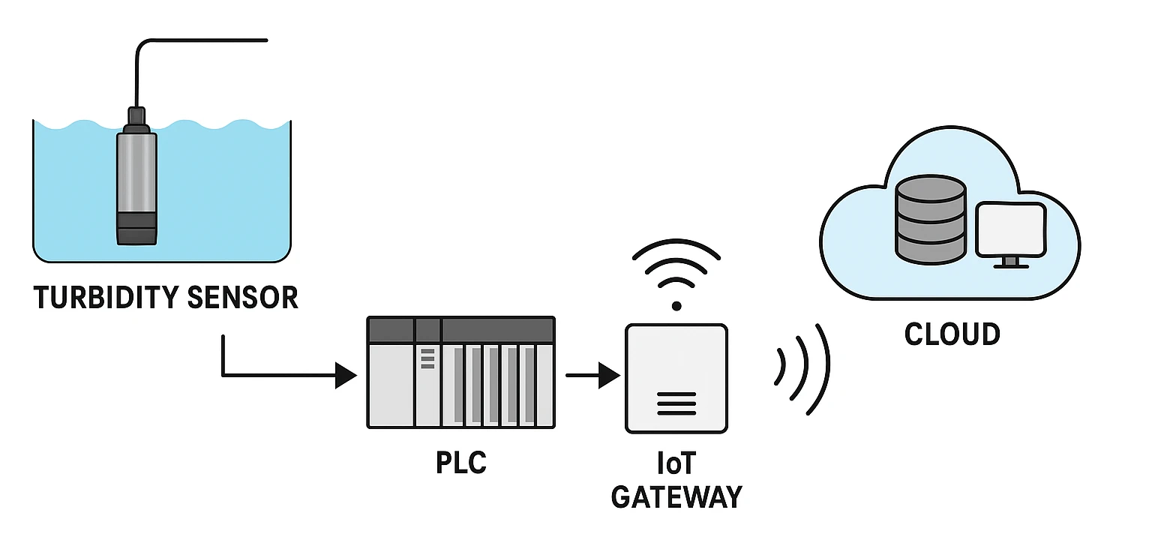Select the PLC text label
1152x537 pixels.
click(461, 463)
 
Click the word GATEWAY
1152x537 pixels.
click(676, 496)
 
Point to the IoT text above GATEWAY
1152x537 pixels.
click(676, 464)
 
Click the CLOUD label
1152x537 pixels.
click(952, 334)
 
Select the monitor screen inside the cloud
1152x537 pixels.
click(1010, 229)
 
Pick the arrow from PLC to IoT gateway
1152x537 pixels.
click(592, 375)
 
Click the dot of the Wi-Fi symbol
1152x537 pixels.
click(676, 306)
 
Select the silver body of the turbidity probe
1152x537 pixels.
click(136, 172)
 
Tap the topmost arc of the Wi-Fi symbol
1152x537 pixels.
click(676, 247)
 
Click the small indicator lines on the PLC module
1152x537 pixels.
click(427, 358)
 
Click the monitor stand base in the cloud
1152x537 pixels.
click(1011, 264)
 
